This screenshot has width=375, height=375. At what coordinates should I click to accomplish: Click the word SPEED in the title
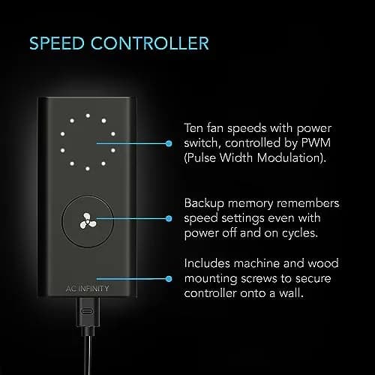click(x=57, y=43)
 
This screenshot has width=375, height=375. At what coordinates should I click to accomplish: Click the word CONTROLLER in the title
click(x=150, y=43)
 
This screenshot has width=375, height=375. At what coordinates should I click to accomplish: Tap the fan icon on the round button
click(x=88, y=221)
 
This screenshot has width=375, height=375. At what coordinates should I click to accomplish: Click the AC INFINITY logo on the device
click(x=87, y=289)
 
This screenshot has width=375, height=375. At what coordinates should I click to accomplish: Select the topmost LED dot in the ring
click(x=88, y=115)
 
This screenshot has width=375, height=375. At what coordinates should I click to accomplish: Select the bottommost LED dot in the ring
click(x=88, y=169)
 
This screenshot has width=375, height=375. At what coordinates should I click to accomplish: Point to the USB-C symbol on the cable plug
click(x=87, y=311)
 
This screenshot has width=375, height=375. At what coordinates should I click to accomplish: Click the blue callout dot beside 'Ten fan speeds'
click(x=169, y=143)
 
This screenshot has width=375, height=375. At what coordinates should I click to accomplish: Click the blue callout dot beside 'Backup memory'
click(x=169, y=219)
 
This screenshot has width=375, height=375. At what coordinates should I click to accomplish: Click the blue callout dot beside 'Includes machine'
click(x=169, y=279)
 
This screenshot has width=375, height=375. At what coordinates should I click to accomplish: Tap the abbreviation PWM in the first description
click(x=316, y=142)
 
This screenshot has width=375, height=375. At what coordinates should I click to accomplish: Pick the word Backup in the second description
click(x=204, y=204)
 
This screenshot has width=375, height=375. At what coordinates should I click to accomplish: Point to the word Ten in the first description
click(x=193, y=128)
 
